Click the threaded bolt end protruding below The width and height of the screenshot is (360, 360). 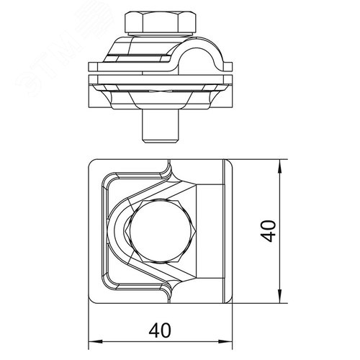tap(161, 126)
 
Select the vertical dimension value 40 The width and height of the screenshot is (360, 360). tap(269, 231)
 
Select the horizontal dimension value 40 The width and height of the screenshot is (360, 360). tap(160, 330)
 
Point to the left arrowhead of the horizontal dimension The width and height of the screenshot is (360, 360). tap(96, 341)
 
